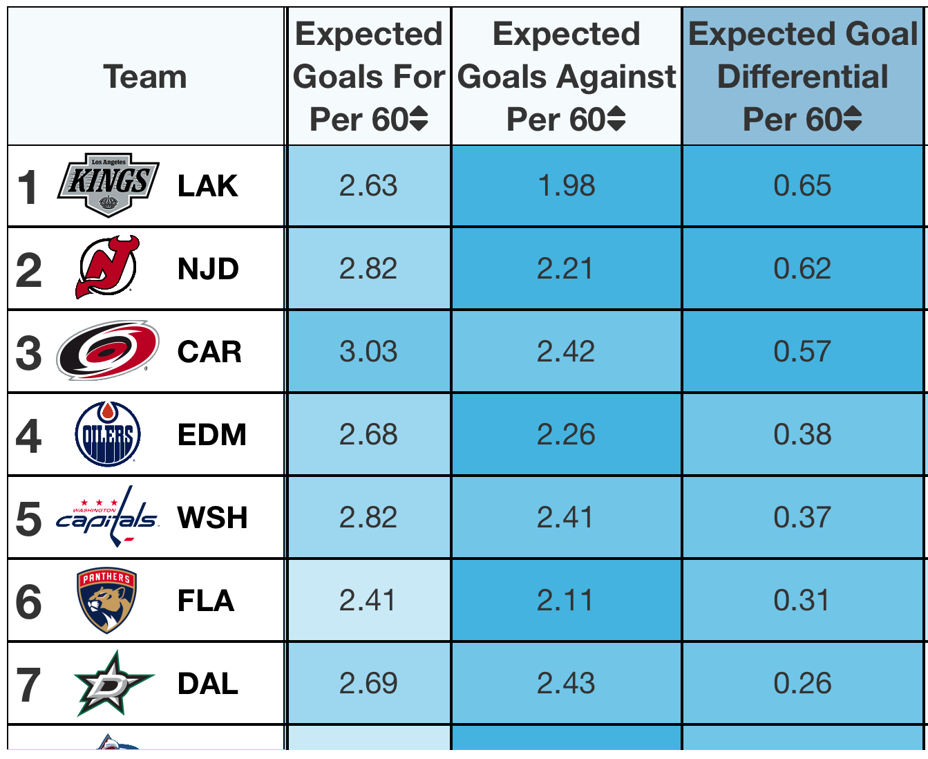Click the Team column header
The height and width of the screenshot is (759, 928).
145,77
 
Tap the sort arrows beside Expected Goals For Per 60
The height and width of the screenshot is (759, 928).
419,118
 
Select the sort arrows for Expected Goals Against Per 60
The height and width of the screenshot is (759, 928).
616,118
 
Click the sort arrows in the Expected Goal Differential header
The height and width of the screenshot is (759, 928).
853,118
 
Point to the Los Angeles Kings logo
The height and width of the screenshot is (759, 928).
108,185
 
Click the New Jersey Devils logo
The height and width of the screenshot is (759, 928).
107,268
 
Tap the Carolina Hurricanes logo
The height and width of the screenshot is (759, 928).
108,350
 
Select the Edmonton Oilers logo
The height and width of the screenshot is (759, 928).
108,434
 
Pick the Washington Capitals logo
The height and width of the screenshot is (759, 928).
107,516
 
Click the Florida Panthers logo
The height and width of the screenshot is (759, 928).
107,600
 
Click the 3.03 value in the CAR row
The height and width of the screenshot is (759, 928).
368,351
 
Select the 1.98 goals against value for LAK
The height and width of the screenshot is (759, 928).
567,185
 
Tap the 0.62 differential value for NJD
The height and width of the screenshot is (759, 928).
802,268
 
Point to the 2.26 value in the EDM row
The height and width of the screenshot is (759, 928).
566,435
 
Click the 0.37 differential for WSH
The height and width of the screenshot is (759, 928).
802,517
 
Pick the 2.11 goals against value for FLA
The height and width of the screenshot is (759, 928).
565,600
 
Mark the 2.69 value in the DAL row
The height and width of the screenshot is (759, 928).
368,683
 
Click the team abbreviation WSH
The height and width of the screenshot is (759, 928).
213,517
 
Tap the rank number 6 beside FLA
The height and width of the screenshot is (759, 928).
28,601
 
